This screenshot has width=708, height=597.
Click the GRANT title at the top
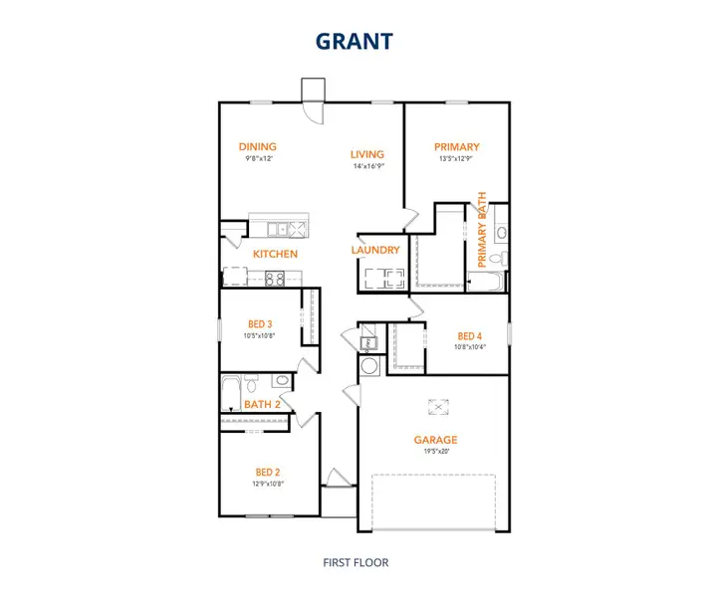coord(354,41)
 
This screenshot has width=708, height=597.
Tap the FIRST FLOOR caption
coord(355,562)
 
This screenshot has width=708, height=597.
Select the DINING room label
coord(257,146)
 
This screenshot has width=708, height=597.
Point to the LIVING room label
coord(367,154)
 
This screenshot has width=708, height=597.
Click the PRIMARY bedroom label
coord(456,147)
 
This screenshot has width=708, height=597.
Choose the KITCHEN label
coord(275,254)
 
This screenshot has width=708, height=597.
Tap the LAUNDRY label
coord(375,250)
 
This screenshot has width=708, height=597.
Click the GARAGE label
coord(435,440)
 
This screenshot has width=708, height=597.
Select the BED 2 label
coord(268,472)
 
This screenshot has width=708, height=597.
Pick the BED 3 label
coord(260,324)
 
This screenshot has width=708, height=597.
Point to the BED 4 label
coord(470,336)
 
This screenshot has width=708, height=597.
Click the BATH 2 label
coord(262,404)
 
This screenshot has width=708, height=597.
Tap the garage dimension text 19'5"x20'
coord(436,451)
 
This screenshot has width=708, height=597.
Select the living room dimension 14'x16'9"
coord(368,165)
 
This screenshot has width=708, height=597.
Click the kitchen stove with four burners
coord(275,279)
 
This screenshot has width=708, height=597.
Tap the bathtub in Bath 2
coord(231,393)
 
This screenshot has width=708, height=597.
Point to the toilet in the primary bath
coord(499,259)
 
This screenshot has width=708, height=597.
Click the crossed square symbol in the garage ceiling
coord(438,407)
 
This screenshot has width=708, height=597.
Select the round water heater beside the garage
coord(369,365)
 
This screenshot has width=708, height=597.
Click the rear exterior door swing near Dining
coord(314,112)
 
